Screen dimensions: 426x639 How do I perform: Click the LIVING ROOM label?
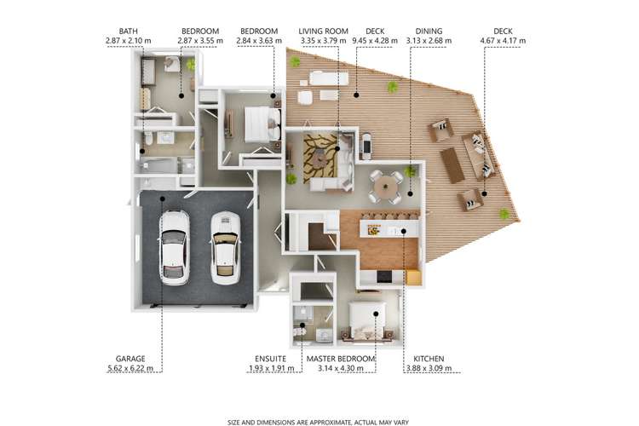[x=323, y=30]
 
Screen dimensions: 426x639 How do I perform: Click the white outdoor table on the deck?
[x=329, y=79]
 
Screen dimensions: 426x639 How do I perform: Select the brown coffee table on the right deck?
[x=453, y=164]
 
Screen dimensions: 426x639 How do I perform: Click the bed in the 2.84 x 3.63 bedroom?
[x=260, y=124]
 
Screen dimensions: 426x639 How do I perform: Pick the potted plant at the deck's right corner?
[x=504, y=213]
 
